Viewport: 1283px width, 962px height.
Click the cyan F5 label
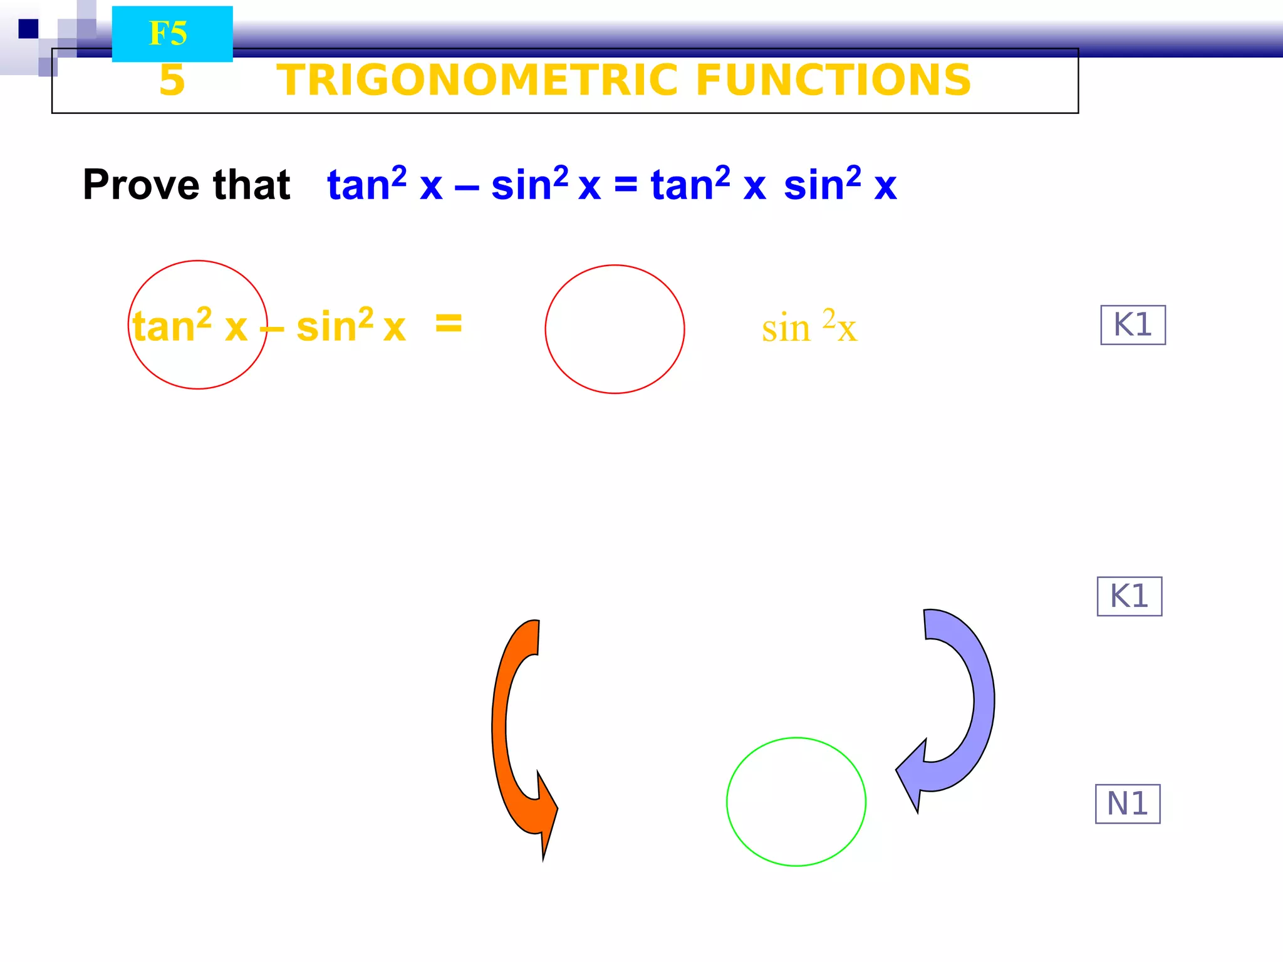[x=172, y=34]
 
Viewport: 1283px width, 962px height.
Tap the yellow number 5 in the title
[x=172, y=80]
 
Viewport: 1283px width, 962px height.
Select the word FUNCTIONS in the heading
[x=833, y=80]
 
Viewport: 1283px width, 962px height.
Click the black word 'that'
[x=251, y=185]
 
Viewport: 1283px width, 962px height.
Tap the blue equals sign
[x=625, y=185]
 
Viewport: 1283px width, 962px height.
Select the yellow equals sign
[x=449, y=324]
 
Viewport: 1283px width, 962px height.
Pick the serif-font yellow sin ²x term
[x=809, y=327]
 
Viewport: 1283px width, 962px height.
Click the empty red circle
[x=615, y=329]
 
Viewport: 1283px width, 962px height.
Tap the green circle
[x=796, y=802]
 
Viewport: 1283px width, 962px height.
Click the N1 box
[x=1128, y=804]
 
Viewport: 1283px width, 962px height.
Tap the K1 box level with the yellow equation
[x=1133, y=325]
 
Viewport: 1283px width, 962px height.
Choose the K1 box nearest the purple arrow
[x=1130, y=596]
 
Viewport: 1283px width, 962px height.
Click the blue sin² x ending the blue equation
[x=839, y=185]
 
